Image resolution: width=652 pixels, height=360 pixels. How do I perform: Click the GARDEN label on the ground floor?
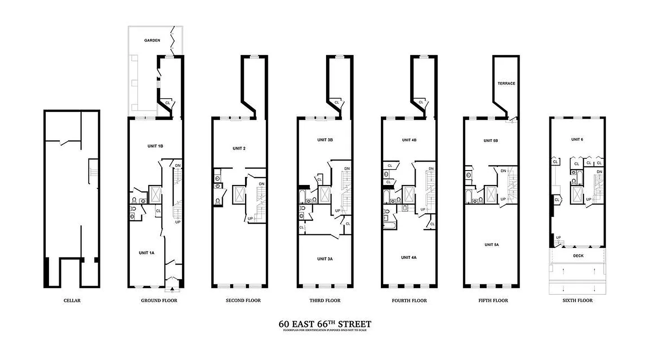click(152, 40)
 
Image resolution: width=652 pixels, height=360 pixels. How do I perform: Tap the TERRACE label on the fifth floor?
click(506, 84)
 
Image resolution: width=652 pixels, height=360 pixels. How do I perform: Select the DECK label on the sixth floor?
click(578, 256)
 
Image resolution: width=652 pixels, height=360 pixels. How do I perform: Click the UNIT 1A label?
click(146, 253)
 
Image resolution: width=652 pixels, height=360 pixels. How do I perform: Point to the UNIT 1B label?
click(155, 146)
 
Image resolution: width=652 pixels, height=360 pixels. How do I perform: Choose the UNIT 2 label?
click(239, 148)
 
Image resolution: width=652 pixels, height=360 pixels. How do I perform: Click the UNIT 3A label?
click(325, 259)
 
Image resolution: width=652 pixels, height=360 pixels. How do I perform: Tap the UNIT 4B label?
click(409, 140)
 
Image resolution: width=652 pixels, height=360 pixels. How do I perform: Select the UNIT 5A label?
click(491, 245)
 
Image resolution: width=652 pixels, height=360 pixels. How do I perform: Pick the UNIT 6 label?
click(577, 139)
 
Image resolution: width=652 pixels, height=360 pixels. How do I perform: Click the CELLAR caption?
click(72, 301)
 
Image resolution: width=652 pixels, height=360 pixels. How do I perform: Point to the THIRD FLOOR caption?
click(325, 301)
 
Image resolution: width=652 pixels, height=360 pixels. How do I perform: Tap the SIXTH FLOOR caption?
click(577, 301)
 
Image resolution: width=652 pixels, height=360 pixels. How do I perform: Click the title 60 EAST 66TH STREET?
click(325, 324)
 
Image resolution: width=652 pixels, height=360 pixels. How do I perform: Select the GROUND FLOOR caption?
click(159, 301)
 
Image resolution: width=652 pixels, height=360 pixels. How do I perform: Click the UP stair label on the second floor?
click(250, 219)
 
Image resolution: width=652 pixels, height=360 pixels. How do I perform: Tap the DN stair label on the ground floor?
click(178, 165)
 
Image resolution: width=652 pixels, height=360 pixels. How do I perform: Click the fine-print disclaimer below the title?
click(325, 331)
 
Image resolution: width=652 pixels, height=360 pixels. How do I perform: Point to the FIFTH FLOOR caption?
click(493, 301)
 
